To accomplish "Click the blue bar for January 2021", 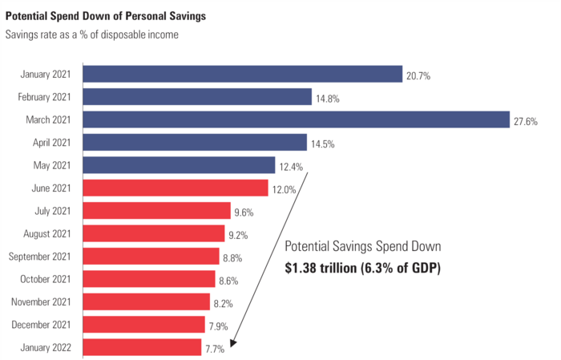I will point(242,74).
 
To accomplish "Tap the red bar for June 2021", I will point(176,188).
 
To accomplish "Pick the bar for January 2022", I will point(142,347).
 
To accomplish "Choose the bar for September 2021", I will point(151,256).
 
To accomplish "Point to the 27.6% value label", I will point(526,122).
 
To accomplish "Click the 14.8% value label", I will point(328,99).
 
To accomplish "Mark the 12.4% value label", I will point(293,168).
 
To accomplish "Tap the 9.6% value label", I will point(244,213).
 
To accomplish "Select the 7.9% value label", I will point(219,326).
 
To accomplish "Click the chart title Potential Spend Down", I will point(105,14).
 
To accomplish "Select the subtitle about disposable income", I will point(91,34).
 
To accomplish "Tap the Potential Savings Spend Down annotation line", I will point(363,246).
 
